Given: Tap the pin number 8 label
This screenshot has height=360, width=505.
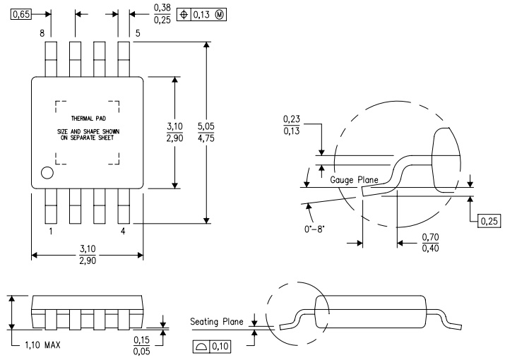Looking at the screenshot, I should pos(42,32).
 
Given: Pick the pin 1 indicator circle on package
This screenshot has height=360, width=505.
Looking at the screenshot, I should pos(47,172).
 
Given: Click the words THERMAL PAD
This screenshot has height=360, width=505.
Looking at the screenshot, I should pos(88,119).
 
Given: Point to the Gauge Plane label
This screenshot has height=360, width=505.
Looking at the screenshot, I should pos(354,181).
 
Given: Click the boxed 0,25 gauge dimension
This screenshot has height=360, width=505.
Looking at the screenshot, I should pos(489,222).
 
